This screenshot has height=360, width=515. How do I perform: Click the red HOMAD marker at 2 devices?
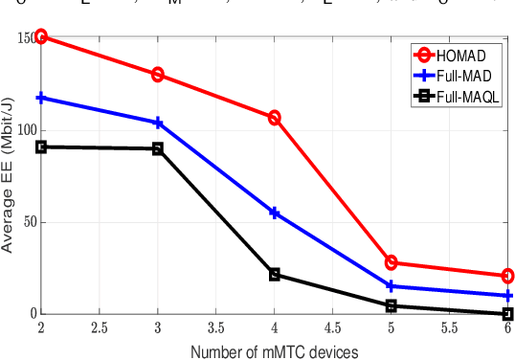coord(41,37)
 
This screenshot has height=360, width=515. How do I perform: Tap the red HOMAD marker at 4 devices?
coord(275,118)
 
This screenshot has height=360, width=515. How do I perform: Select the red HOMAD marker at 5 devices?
coord(392,262)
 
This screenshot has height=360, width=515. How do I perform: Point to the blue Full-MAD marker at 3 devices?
coord(158,123)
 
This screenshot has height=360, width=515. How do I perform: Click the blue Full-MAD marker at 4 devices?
coord(275,213)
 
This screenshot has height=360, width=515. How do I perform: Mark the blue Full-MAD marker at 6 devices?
coord(507,296)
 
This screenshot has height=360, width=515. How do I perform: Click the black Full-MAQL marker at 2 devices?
coord(41,146)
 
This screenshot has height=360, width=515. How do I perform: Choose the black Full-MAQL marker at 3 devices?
coord(158,148)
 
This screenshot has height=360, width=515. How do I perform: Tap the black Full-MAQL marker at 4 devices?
coord(275,275)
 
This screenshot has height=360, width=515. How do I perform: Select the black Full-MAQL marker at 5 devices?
coord(392,305)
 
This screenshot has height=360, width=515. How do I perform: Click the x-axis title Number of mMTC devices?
coord(274,351)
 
